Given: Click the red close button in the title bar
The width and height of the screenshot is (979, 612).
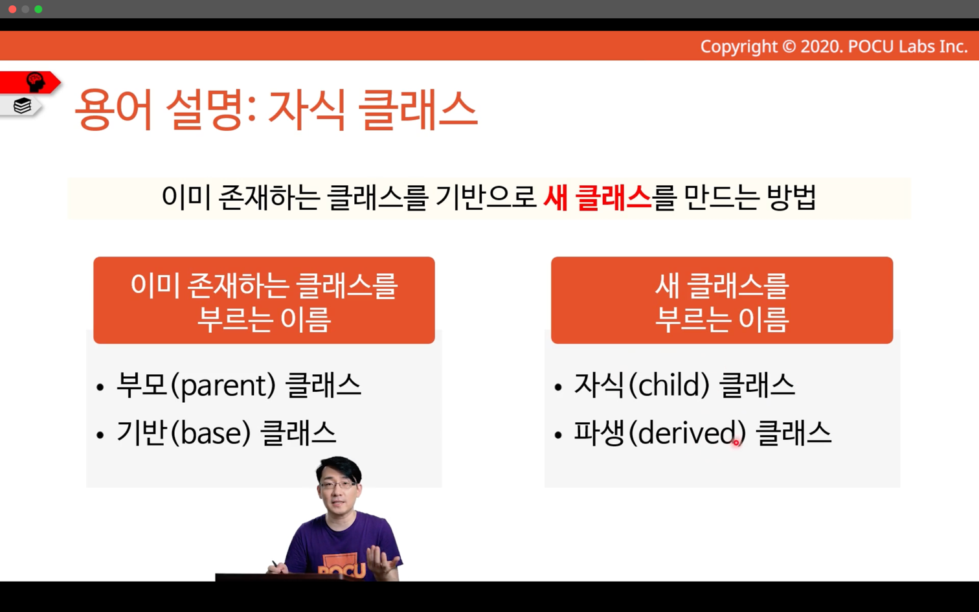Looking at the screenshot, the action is tap(12, 9).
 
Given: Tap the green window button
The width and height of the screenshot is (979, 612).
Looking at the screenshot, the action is tap(38, 9).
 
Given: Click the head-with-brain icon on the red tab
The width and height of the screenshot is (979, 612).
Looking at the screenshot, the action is tap(36, 82).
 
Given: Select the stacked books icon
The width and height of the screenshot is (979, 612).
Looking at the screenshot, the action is tap(22, 106).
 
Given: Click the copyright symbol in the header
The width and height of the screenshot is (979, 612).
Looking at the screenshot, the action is tap(789, 47).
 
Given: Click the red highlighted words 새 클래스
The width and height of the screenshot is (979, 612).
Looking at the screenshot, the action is tap(597, 198).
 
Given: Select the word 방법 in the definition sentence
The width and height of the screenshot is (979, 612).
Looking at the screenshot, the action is tap(791, 198).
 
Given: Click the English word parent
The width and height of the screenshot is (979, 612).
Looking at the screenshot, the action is tap(227, 387).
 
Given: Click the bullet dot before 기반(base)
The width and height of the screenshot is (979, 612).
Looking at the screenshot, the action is tap(100, 435).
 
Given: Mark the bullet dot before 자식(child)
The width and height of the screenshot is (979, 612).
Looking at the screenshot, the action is tap(557, 387).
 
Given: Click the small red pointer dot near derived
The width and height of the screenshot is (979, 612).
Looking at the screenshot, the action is tap(736, 443).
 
